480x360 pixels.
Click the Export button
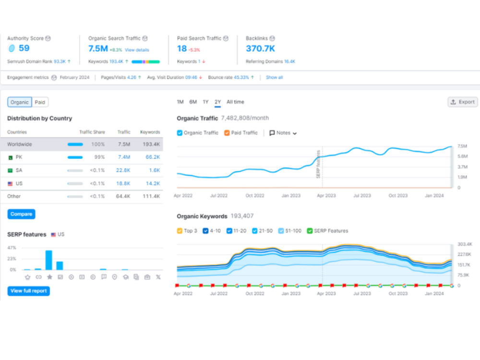pos(463,102)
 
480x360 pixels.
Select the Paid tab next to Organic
pos(40,102)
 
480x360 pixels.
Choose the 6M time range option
pos(193,102)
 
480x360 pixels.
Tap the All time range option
pos(235,102)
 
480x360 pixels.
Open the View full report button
pos(28,291)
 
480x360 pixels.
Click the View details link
pos(137,50)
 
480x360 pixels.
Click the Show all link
pos(274,77)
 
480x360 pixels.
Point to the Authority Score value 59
pos(24,48)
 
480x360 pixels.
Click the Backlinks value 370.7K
pos(261,48)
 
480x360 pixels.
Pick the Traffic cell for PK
pos(124,157)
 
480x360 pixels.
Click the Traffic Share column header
pos(92,132)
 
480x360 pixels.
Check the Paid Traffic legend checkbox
pos(227,133)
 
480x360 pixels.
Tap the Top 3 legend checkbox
pos(180,231)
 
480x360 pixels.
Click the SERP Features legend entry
pos(327,231)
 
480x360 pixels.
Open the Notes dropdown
pos(283,133)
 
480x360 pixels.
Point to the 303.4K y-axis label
pos(465,244)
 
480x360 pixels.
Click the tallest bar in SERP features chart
pos(48,260)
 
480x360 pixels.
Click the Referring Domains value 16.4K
pos(289,61)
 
